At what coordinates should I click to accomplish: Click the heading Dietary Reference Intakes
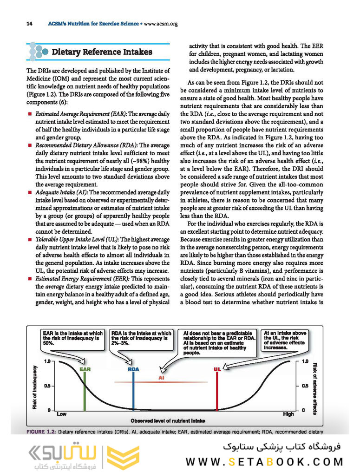(x=102, y=52)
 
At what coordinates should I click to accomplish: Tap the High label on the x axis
(x=288, y=413)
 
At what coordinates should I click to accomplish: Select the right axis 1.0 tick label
(x=306, y=361)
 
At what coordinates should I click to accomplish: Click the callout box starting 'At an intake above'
(x=285, y=341)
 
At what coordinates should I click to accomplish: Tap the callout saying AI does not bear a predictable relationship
(x=219, y=343)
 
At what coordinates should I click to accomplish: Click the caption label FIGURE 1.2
(x=41, y=432)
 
